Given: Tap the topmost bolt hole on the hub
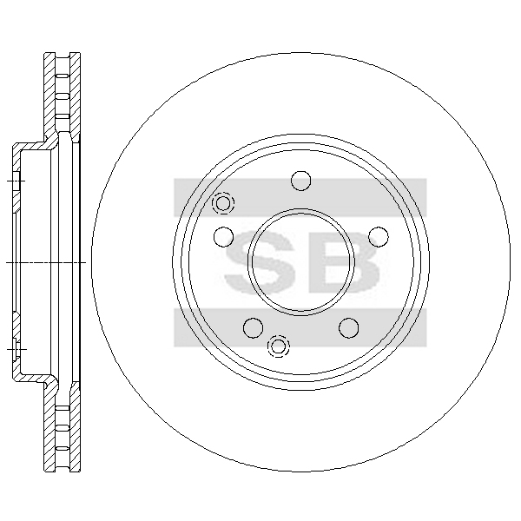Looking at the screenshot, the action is (300, 181).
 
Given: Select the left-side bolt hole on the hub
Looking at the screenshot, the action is (224, 236).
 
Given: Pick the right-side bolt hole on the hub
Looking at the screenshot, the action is (379, 236).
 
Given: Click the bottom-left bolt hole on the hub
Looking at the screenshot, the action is (254, 327).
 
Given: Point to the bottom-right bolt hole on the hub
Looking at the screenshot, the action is (349, 327).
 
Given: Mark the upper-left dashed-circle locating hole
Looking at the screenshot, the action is (223, 202).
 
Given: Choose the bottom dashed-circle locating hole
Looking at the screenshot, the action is (279, 346).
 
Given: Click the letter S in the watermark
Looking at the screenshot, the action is (260, 262).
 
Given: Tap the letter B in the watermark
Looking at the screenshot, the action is (344, 262).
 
